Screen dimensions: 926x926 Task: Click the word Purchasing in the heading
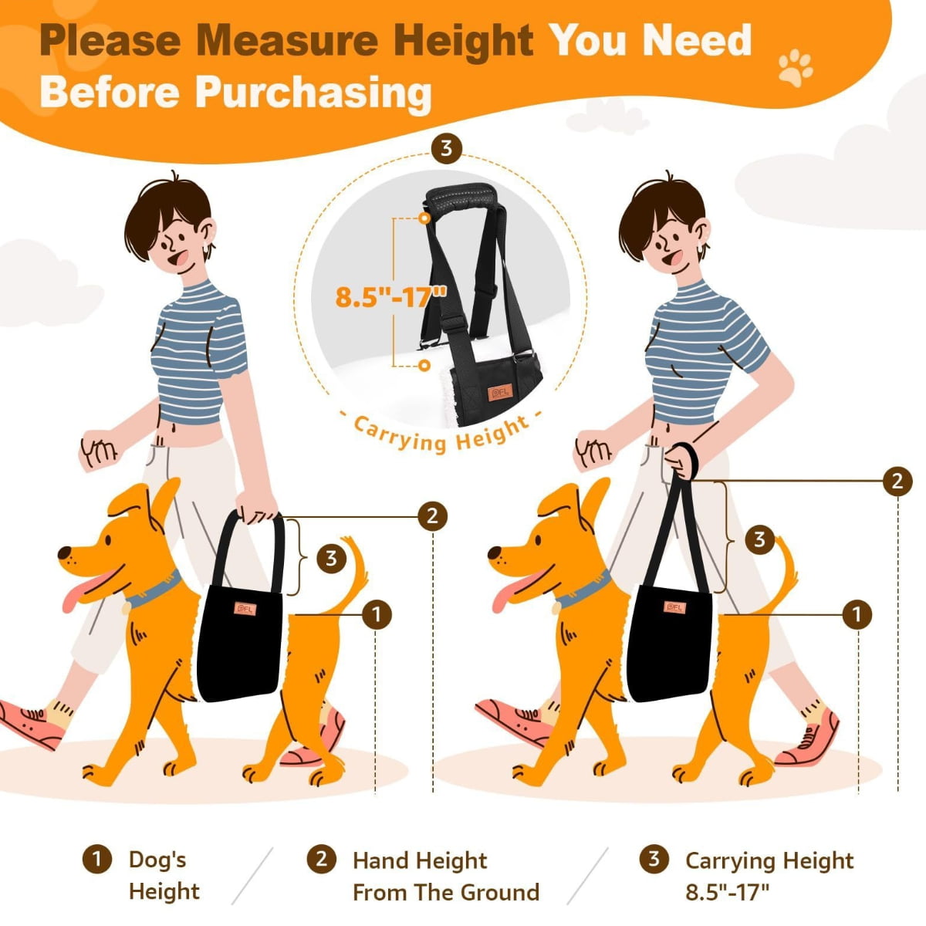pos(313,93)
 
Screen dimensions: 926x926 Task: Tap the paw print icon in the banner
pos(796,67)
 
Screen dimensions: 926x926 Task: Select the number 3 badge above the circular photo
pos(447,148)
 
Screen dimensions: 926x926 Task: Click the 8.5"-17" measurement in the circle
pos(390,296)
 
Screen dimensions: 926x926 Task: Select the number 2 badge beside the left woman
pos(432,516)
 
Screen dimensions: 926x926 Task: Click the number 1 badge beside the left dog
pos(377,614)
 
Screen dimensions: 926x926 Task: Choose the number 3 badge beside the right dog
pos(759,539)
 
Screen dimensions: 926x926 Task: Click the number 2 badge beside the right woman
pos(897,481)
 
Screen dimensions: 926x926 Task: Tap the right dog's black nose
pos(494,553)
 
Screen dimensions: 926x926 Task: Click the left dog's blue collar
pos(153,590)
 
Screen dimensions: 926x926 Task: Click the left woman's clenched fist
pos(98,450)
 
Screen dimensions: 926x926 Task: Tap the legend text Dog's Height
pos(164,876)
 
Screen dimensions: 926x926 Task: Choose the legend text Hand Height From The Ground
pos(446,877)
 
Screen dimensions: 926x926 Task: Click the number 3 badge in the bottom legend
pos(654,859)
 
